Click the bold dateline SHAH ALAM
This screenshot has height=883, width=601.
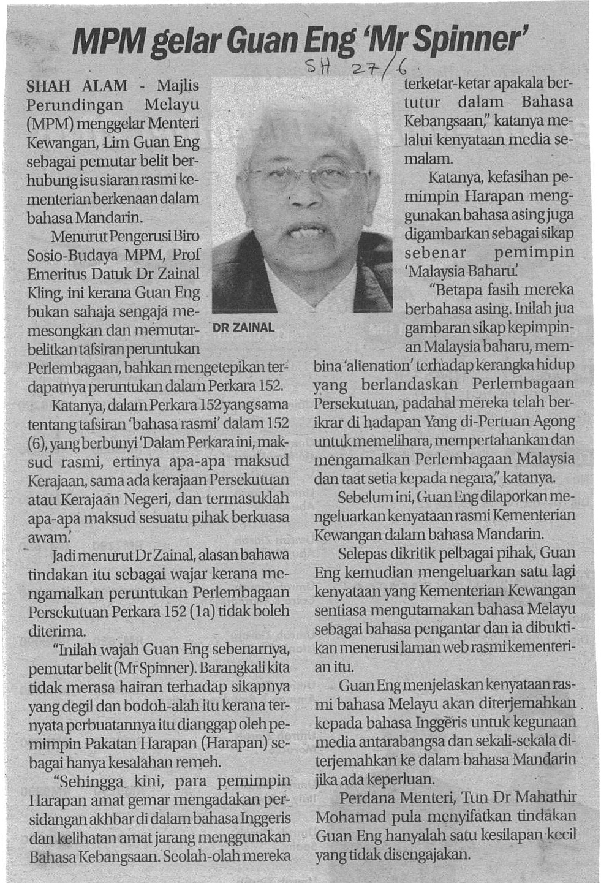tap(77, 86)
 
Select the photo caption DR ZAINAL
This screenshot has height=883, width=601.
tap(243, 327)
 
